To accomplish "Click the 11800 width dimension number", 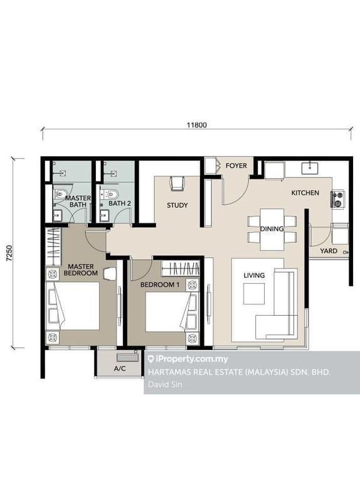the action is coord(197,125).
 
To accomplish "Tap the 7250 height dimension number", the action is coord(9,253).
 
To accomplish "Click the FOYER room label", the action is coord(236,166).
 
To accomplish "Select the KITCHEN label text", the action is coord(305,193).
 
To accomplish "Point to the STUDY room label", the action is coord(177,205).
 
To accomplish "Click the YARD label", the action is coord(329,250).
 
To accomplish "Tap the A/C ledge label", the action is coord(120,368).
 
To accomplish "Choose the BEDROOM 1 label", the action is coord(160,284).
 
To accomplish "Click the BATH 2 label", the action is coord(120,203).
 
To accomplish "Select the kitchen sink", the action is coord(310,168).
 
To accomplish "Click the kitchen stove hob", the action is coord(337,199).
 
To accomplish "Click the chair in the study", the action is coord(177,183).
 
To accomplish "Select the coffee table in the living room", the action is coord(254,294).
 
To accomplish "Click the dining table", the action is coord(272,229).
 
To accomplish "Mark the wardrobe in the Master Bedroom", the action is coord(53,246).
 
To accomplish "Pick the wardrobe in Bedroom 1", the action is coord(181,269).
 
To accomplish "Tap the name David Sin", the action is coord(165,384).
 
